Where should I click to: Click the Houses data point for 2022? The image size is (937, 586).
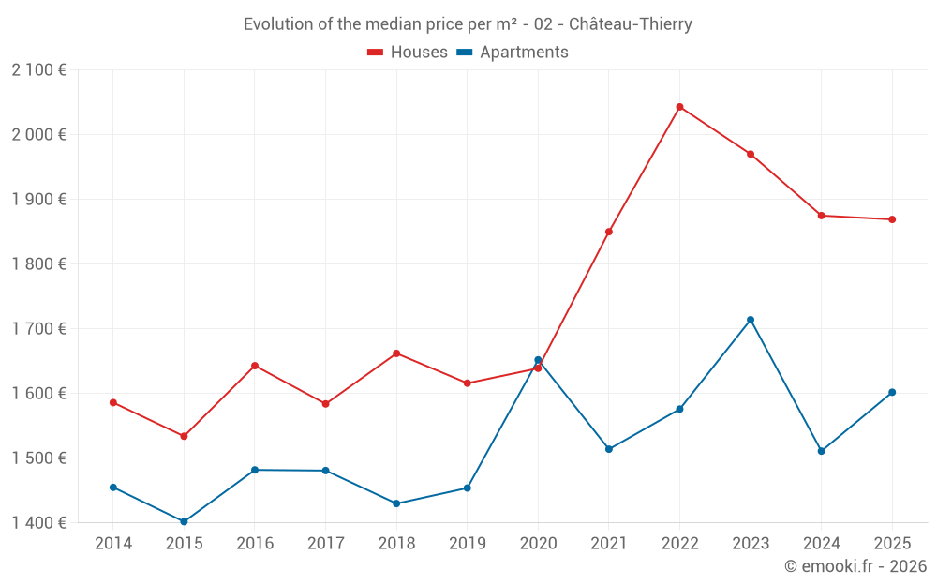(x=679, y=107)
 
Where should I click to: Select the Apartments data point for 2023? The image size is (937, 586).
(x=751, y=320)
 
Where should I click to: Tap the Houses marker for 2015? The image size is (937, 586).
(x=184, y=436)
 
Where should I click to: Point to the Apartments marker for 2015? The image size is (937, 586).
(x=184, y=521)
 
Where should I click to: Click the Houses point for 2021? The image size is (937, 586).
(x=609, y=232)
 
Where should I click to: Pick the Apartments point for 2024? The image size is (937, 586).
(x=822, y=451)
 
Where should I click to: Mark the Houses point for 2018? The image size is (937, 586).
(x=396, y=353)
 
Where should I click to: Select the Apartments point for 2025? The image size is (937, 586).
(x=892, y=392)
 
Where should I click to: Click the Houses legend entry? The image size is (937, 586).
(x=408, y=53)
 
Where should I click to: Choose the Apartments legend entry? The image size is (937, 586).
(x=513, y=53)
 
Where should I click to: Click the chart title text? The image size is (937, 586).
(x=468, y=24)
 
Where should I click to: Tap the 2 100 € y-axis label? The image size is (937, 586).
(x=38, y=69)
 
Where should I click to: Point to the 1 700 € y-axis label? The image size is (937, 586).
(x=38, y=328)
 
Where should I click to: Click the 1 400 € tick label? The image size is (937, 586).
(x=38, y=522)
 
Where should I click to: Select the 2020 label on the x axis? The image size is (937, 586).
(x=538, y=544)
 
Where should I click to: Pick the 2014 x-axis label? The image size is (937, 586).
(x=113, y=544)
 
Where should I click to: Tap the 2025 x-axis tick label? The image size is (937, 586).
(x=892, y=544)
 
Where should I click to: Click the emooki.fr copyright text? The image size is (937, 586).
(x=855, y=566)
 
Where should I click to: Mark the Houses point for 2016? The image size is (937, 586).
(x=255, y=366)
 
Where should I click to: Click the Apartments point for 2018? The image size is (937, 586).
(x=396, y=503)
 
